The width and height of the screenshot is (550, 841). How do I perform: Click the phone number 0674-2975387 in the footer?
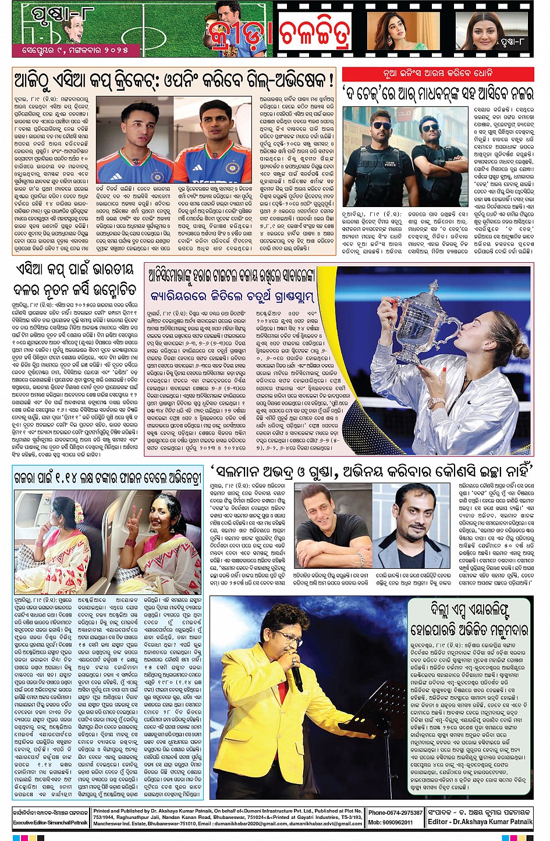tap(395, 813)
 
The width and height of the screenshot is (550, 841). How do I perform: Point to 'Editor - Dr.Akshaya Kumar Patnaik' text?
tap(480, 822)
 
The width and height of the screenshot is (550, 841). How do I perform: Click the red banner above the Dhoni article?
tap(438, 74)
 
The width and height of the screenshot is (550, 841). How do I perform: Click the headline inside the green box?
tap(469, 619)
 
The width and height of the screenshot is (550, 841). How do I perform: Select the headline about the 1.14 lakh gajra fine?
tap(108, 479)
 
